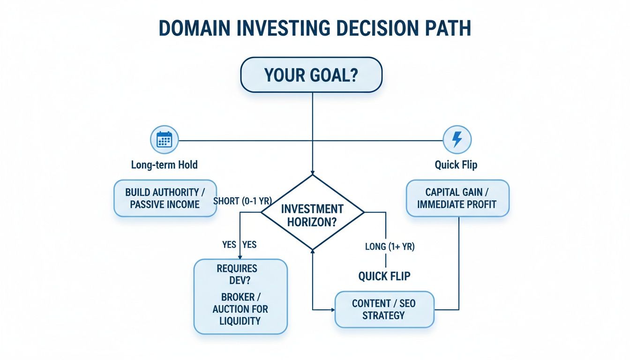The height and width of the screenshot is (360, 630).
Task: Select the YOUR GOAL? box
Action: (x=311, y=75)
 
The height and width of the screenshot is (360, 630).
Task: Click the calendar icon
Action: (x=164, y=139)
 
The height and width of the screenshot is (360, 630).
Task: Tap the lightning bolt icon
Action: (x=457, y=139)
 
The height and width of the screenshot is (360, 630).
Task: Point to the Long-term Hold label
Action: (x=164, y=165)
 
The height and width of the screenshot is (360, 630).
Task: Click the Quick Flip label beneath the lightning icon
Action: (x=457, y=165)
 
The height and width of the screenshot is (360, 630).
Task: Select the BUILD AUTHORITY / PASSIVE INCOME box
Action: (x=165, y=198)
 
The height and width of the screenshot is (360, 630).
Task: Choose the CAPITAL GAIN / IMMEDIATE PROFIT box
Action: (x=457, y=198)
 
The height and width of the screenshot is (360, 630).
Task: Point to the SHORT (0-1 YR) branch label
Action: (x=243, y=201)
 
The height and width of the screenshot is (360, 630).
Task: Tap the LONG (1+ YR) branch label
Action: (x=390, y=247)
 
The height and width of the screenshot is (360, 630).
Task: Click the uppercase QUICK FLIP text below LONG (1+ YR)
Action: (x=384, y=276)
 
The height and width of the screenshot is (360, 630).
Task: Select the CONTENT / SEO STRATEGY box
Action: (x=384, y=309)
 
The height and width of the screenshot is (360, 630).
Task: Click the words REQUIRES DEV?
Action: (x=237, y=274)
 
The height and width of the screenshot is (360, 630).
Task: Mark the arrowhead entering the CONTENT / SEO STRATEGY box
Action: (x=332, y=310)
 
